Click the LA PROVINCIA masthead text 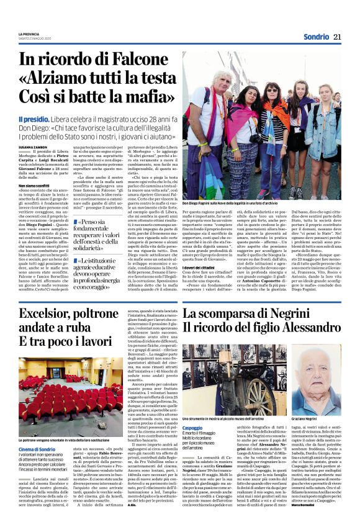pyautogui.click(x=29, y=34)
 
